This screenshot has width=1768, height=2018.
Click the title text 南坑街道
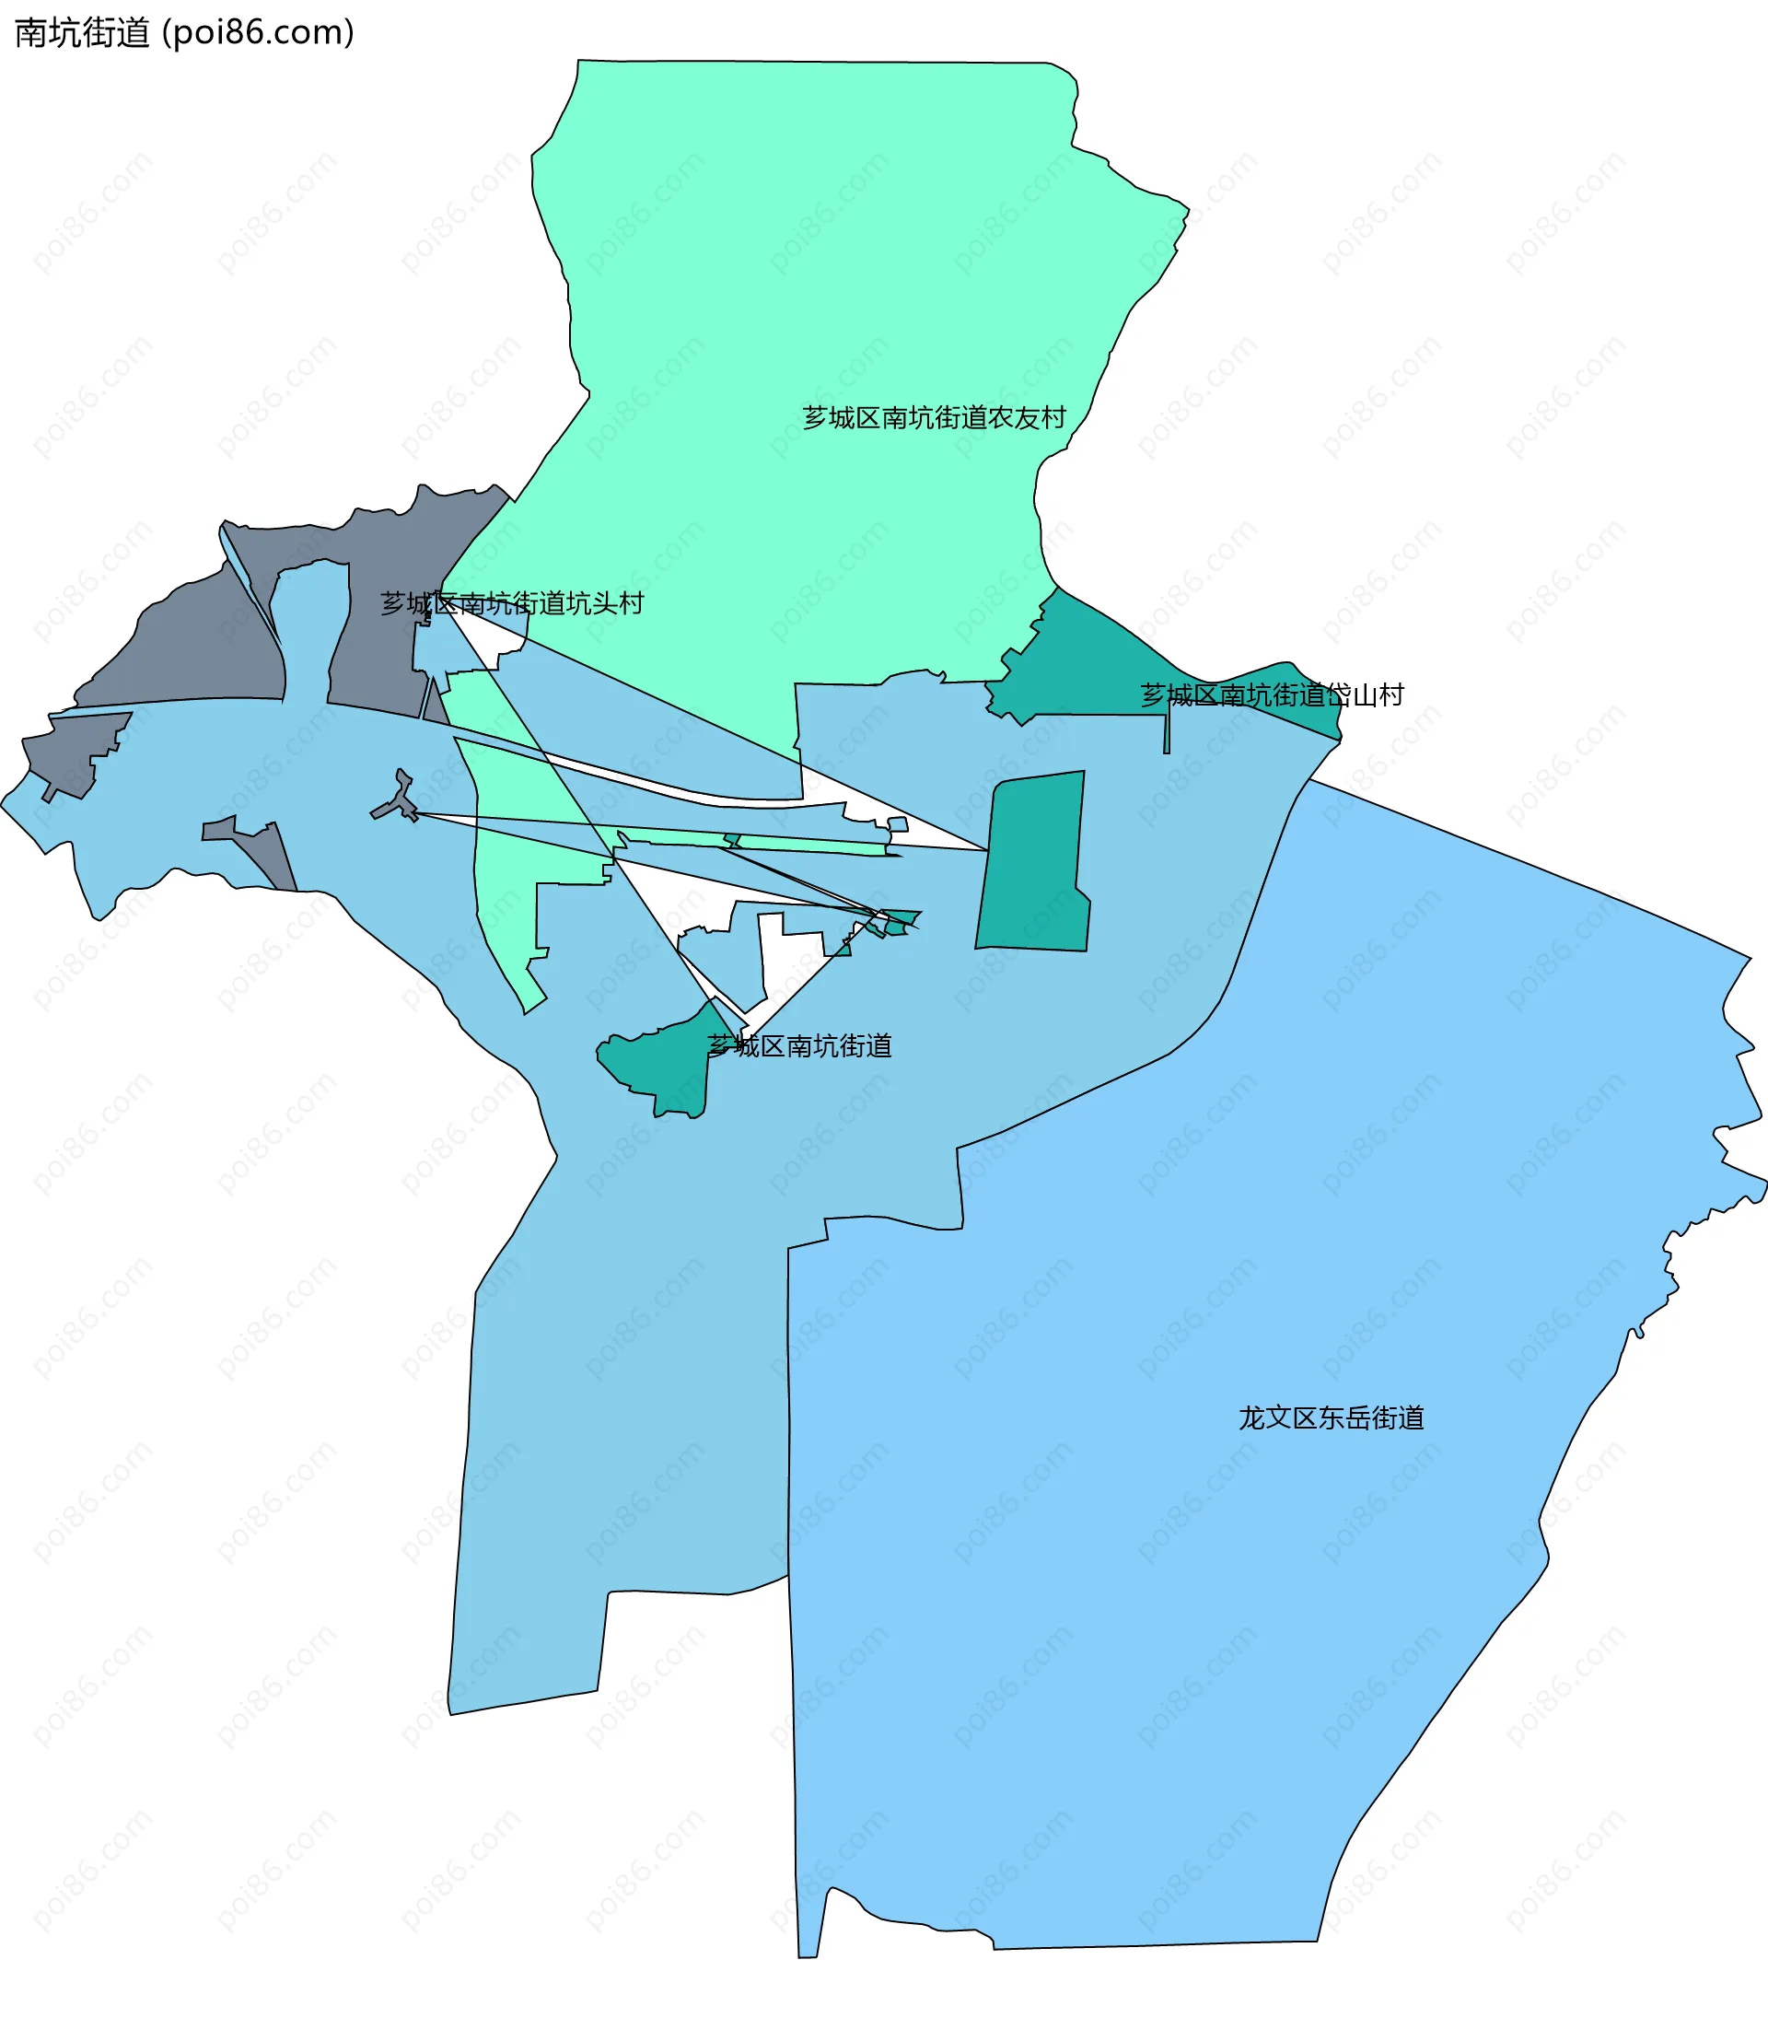82,32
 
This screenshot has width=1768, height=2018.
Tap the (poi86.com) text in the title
258,32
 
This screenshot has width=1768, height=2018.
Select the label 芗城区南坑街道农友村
934,418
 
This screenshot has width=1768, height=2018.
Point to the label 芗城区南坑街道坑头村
512,603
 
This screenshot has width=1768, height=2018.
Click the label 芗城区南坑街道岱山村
1272,695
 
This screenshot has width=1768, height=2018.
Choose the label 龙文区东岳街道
1331,1418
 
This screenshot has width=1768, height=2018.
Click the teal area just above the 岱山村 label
1086,651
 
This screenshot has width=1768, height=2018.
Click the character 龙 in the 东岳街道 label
1251,1418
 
